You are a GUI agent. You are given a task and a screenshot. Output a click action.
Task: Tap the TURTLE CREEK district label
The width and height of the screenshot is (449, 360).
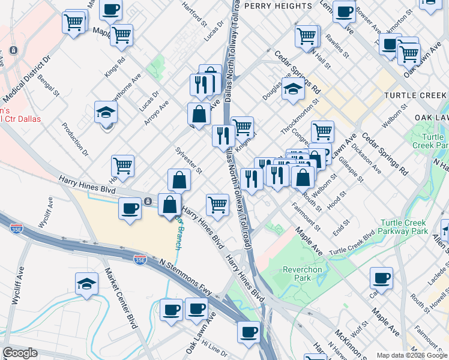coord(415,95)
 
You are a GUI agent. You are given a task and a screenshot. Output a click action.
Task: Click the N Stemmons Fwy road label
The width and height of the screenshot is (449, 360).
coord(185,278)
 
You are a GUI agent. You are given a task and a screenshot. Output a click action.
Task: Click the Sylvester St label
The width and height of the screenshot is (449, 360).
coord(187,160)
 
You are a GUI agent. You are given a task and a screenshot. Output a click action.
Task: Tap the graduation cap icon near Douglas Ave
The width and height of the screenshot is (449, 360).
coord(292,89)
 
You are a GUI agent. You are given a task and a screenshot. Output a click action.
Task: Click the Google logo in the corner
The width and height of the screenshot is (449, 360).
coord(20,353)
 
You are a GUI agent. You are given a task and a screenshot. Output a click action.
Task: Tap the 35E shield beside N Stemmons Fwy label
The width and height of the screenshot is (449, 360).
coord(140,259)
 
